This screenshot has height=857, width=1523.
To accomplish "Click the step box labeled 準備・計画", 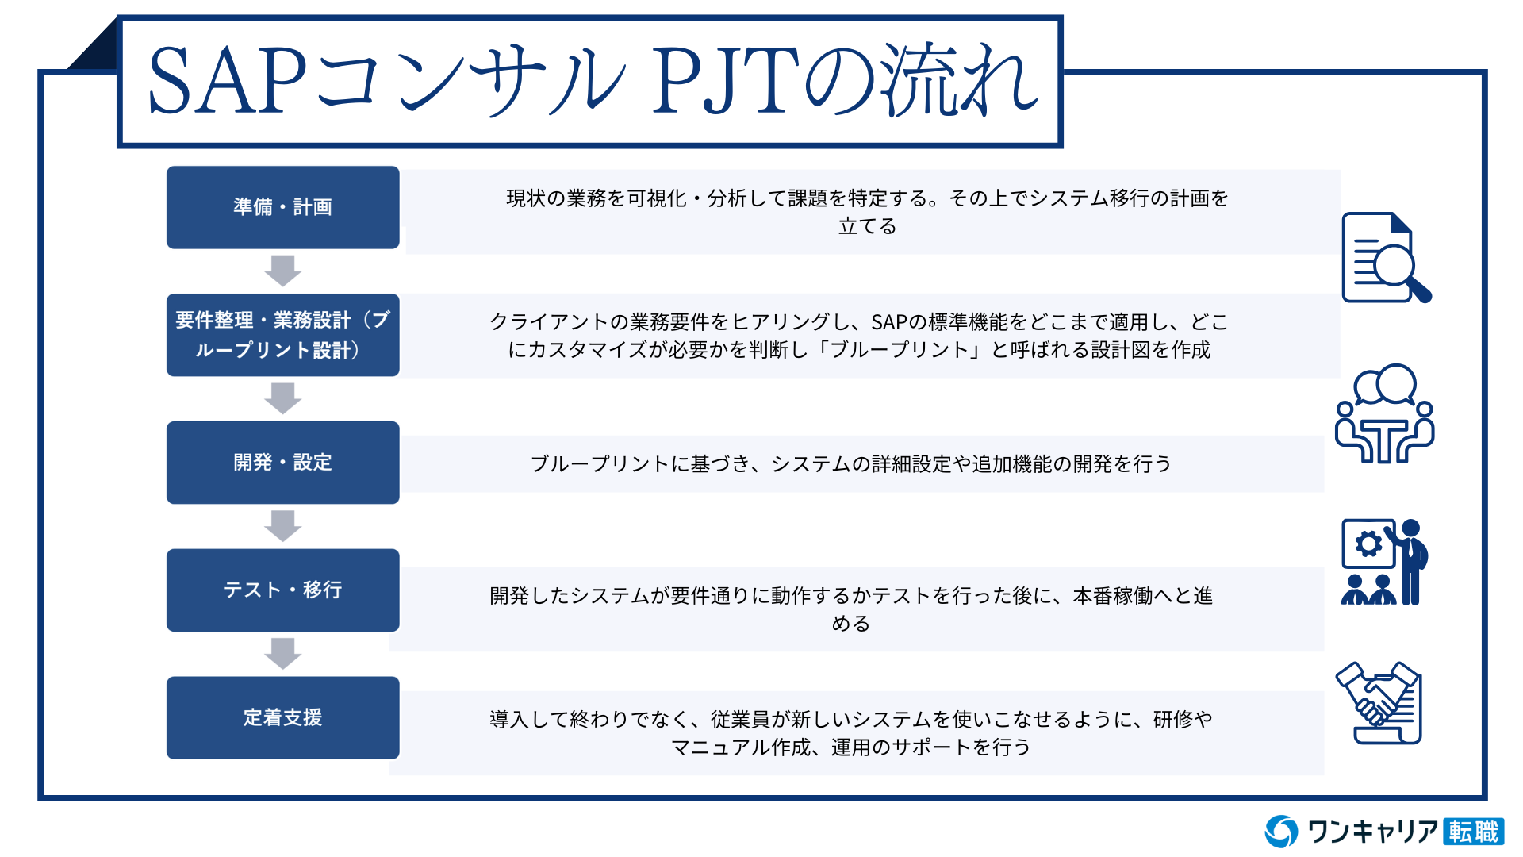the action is point(282,207).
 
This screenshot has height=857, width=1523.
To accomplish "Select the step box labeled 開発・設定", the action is point(282,463).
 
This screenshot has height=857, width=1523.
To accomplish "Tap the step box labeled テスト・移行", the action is point(282,590).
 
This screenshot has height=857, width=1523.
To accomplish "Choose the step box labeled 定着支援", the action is point(282,718).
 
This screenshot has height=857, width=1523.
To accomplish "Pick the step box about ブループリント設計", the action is point(282,335).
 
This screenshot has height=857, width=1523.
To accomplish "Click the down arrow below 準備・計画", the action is point(282,271).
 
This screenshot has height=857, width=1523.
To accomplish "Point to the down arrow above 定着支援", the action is point(282,654).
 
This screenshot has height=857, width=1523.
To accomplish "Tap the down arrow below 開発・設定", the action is point(282,526).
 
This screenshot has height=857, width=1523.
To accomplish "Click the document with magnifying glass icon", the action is point(1386,258).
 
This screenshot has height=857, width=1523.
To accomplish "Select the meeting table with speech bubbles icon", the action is point(1385,413).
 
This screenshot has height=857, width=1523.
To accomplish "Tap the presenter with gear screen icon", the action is point(1384,562).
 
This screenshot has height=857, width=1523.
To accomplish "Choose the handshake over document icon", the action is point(1379,703).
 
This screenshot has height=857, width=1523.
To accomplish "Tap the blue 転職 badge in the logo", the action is point(1474,832).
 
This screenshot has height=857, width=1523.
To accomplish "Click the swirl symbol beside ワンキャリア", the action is point(1281,832).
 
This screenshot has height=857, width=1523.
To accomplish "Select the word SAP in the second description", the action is point(889,322).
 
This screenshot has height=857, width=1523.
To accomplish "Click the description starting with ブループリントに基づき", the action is point(850,464).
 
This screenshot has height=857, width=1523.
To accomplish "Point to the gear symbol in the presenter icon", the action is point(1368,544).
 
